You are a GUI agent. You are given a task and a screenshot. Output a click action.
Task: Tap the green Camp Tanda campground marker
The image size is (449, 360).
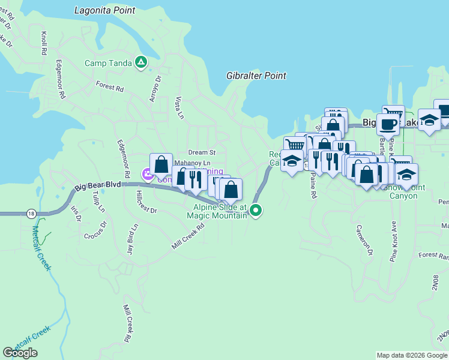tap(141, 62)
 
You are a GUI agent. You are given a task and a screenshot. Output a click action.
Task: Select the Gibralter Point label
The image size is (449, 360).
tap(256, 76)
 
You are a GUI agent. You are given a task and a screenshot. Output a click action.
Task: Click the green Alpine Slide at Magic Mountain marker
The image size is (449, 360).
tap(256, 210)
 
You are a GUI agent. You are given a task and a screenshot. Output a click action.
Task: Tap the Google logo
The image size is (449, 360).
tap(20, 353)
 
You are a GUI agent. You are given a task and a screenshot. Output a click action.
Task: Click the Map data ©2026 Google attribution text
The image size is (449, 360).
tap(412, 355)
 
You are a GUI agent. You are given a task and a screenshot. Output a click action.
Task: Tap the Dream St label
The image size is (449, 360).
tap(201, 152)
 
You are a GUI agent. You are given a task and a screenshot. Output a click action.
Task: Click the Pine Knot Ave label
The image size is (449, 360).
tap(394, 244)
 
